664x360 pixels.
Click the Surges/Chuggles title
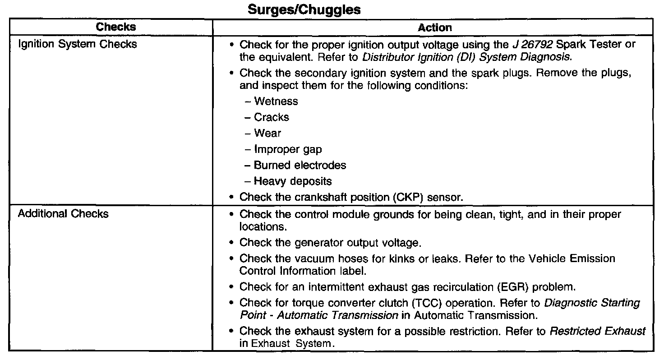(304, 10)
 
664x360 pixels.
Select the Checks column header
(116, 27)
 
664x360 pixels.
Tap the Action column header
(435, 28)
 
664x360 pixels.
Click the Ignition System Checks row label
(77, 44)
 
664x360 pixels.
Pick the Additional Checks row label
(63, 213)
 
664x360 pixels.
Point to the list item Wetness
(276, 102)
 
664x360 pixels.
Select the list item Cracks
(271, 117)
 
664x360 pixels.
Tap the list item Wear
(267, 133)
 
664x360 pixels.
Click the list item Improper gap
(288, 149)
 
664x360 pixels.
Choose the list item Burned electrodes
(300, 165)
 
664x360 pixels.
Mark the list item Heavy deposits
(292, 181)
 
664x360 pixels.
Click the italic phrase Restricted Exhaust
(597, 332)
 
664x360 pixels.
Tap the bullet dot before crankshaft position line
(231, 197)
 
